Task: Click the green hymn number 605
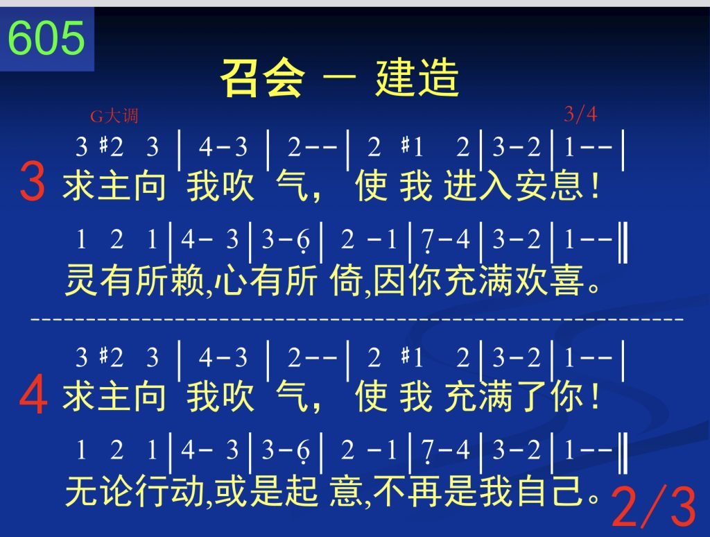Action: coord(46,38)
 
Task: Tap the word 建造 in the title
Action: coord(417,78)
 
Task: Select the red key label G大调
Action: coord(114,117)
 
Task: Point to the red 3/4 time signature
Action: coord(580,114)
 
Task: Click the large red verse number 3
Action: coord(32,182)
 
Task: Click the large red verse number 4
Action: coord(33,395)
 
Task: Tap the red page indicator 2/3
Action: coord(654,506)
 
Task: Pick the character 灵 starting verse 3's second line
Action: coord(82,280)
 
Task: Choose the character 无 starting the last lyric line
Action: coord(82,491)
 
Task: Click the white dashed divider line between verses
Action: coord(357,319)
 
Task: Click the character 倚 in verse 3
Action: coord(347,280)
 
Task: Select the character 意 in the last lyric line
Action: coord(347,491)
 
